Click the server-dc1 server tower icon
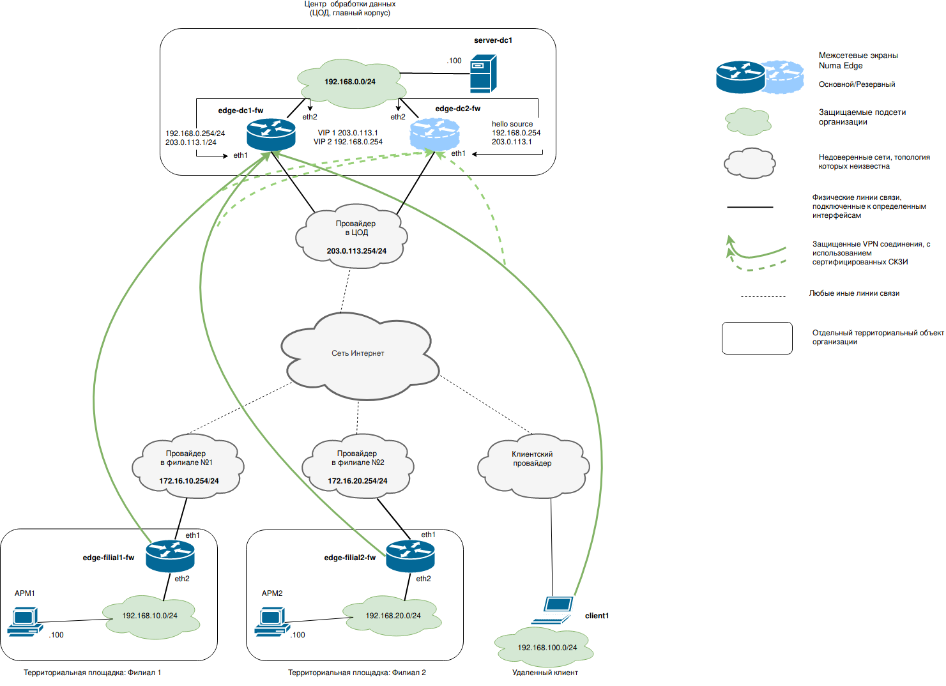[483, 74]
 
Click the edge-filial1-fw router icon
[170, 556]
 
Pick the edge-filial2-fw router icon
[410, 556]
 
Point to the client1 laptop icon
[553, 609]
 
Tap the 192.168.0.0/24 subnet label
[350, 82]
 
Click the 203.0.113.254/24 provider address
[356, 251]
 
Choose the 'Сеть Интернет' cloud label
[358, 353]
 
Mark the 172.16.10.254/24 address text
[189, 481]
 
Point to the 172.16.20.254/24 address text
[358, 481]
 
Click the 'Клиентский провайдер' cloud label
[532, 459]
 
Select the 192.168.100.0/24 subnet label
[547, 648]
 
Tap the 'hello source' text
[512, 124]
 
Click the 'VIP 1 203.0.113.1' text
[348, 133]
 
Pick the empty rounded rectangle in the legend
[757, 338]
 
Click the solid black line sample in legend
[750, 207]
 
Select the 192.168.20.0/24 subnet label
[393, 616]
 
